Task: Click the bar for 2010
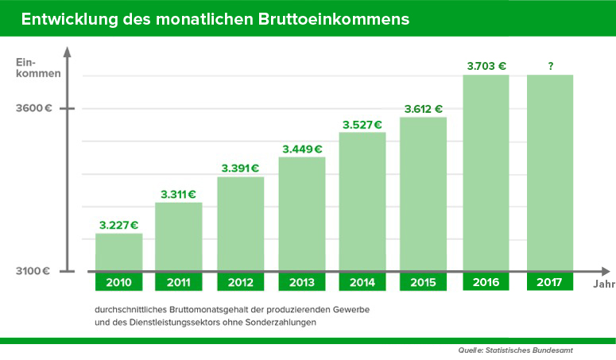coord(118,252)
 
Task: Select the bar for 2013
coord(302,214)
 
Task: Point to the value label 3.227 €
coord(119,225)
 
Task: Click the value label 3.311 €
coord(179,194)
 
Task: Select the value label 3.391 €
coord(240,168)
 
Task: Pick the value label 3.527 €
coord(362,124)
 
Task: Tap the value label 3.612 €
coord(423,109)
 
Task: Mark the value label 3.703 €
coord(486,67)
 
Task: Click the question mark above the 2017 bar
coord(550,67)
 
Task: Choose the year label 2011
coord(179,282)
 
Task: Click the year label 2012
coord(240,282)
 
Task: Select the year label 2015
coord(423,282)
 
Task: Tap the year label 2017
coord(550,282)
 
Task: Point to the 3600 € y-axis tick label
coord(33,109)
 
